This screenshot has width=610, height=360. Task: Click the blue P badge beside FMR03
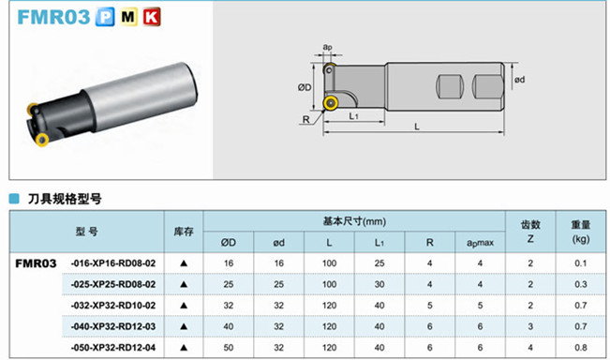[x=105, y=17]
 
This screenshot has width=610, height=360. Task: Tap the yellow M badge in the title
[x=128, y=17]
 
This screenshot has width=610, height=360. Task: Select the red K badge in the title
[x=152, y=17]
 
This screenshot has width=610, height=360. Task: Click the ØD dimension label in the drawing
[x=305, y=87]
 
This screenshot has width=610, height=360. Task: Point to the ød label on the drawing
[x=520, y=80]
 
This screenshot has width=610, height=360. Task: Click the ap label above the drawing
[x=328, y=47]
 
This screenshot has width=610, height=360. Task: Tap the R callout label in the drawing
[x=306, y=119]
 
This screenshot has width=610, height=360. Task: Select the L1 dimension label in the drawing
[x=353, y=116]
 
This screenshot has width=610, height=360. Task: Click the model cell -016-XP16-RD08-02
[x=113, y=263]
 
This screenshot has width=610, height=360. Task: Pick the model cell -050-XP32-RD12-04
[x=113, y=348]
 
